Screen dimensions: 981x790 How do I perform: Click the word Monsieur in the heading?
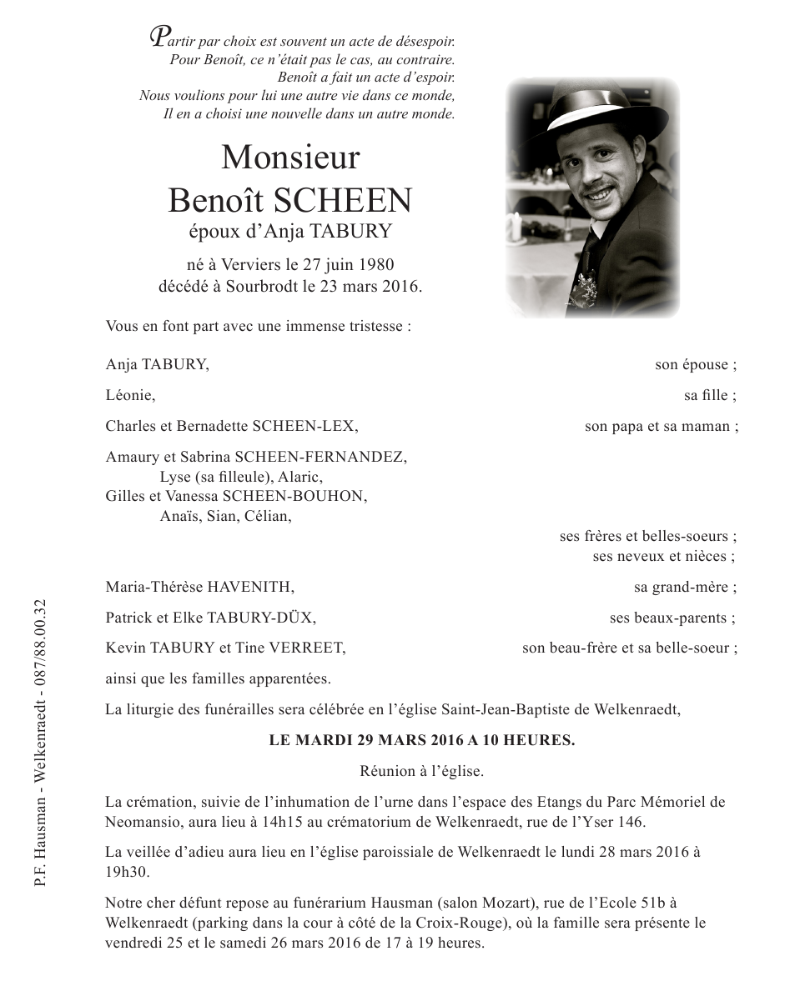click(289, 158)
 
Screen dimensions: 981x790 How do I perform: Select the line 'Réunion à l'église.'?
click(421, 771)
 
